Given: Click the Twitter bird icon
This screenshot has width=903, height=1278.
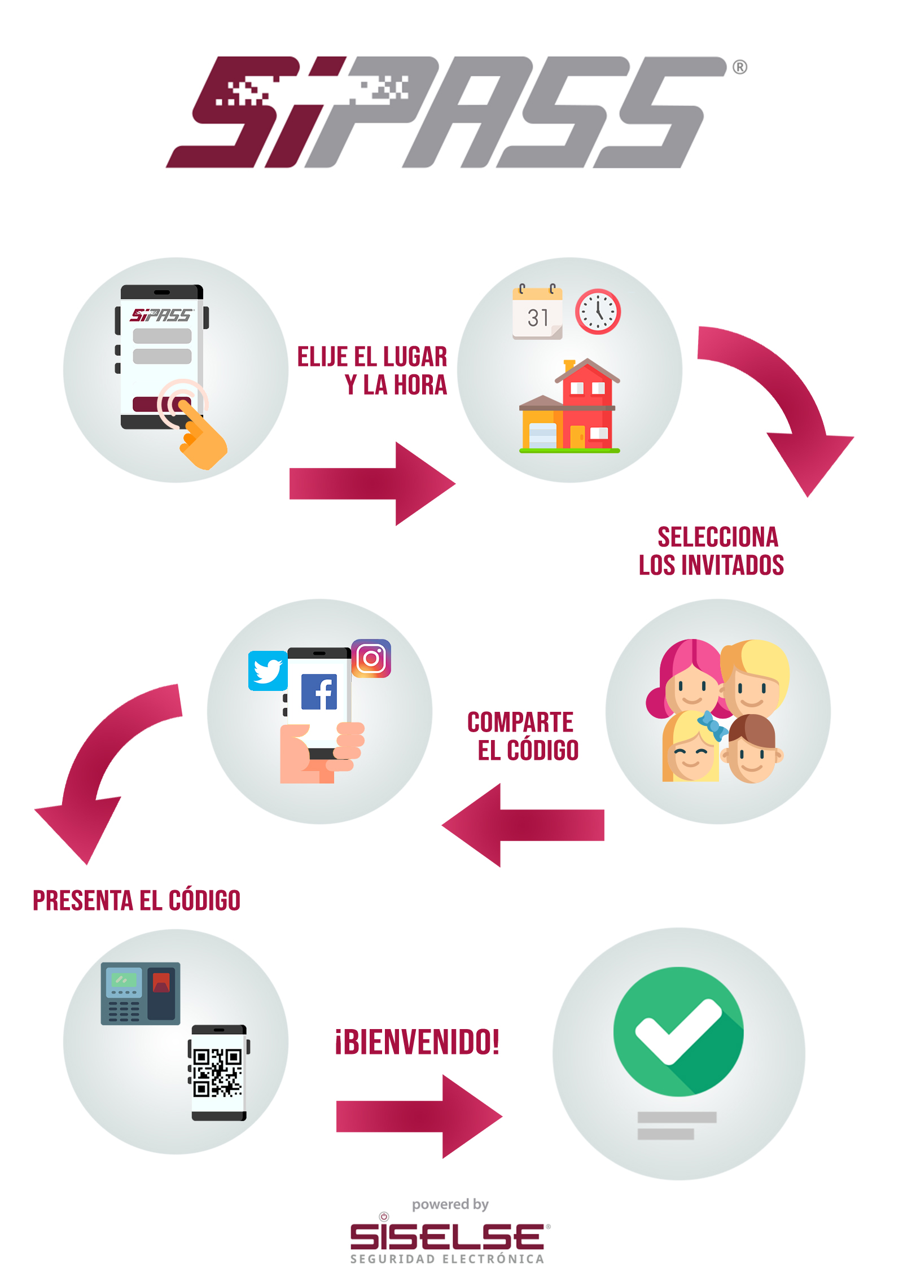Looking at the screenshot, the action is [268, 671].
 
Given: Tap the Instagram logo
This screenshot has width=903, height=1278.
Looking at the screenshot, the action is [371, 658].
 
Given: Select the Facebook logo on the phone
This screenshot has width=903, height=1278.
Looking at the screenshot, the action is [319, 691].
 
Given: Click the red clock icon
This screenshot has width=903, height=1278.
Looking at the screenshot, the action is [598, 312].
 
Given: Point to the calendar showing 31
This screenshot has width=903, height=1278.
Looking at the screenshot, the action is [537, 312].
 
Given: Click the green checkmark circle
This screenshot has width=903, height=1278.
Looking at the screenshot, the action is [678, 1031].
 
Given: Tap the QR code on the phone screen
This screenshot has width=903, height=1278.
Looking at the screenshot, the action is [218, 1073].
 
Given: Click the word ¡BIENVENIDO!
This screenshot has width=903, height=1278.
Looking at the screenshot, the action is [417, 1041].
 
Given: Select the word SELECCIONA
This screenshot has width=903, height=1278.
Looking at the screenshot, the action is [718, 537].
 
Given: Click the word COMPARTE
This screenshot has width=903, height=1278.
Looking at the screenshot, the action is [520, 722].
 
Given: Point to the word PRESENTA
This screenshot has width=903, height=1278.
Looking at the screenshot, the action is [82, 900].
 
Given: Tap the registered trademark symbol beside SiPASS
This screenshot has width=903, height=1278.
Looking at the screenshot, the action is [740, 67].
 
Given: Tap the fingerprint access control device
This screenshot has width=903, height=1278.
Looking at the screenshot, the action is [141, 993].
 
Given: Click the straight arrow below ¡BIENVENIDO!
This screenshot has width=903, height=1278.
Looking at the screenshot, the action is [419, 1117].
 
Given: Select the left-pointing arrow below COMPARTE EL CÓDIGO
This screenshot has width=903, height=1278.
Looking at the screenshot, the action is [523, 825].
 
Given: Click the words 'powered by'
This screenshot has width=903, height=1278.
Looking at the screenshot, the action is [450, 1205].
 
